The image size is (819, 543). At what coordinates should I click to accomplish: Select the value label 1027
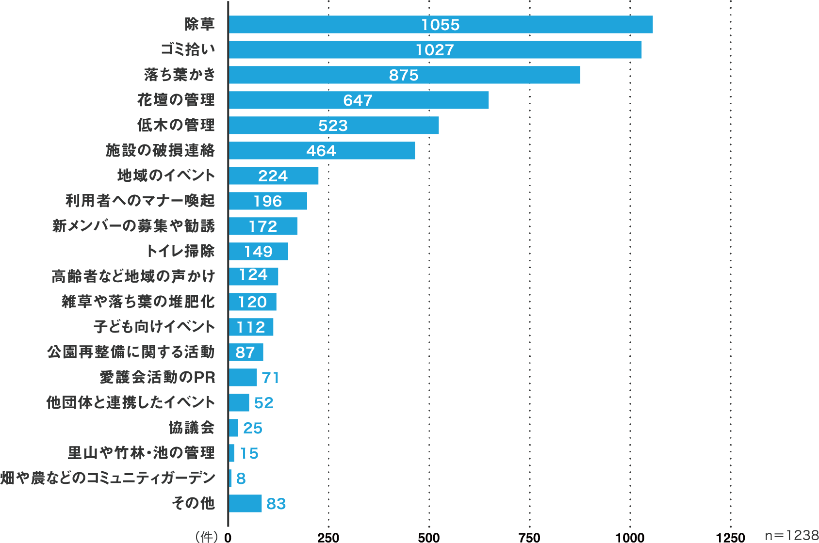click(x=435, y=50)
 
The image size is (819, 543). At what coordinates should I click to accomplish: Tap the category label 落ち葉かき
click(x=180, y=75)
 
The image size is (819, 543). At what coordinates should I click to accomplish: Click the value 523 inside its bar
click(x=333, y=126)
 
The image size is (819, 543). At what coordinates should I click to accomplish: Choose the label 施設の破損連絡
click(x=160, y=150)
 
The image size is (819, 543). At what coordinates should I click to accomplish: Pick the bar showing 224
click(x=274, y=176)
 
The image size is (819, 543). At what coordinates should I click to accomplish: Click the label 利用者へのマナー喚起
click(x=140, y=201)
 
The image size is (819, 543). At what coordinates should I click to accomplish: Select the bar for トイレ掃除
click(x=258, y=252)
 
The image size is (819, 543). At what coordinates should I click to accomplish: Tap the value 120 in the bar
click(x=252, y=302)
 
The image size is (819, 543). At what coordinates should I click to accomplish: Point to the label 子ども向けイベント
click(x=154, y=327)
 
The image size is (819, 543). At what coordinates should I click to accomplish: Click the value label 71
click(x=271, y=378)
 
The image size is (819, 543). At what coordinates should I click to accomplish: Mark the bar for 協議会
click(x=233, y=428)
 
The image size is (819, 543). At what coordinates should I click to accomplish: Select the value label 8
click(x=241, y=479)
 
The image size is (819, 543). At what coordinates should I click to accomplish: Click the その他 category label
click(x=193, y=503)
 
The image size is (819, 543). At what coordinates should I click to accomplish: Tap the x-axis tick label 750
click(x=529, y=537)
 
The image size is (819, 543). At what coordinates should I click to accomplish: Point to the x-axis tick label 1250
click(x=730, y=537)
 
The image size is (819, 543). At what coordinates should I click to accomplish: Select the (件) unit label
click(x=206, y=537)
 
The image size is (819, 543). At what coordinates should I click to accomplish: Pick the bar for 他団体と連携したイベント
click(x=239, y=403)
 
